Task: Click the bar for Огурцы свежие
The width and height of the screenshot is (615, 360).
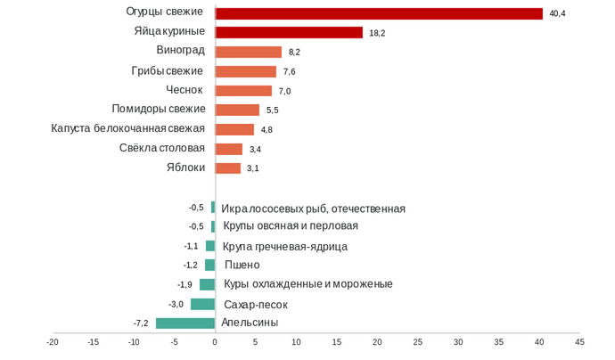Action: click(379, 13)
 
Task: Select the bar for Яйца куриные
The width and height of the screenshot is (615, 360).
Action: click(289, 32)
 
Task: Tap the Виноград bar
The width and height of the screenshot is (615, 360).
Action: click(249, 52)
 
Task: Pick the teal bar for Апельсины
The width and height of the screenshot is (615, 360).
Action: click(185, 323)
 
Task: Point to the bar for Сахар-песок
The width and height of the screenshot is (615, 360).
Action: click(202, 304)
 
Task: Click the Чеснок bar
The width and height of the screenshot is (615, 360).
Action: click(243, 91)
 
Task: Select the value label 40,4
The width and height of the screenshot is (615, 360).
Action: click(558, 13)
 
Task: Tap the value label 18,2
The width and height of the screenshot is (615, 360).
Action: click(377, 33)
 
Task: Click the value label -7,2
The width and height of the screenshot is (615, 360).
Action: click(141, 323)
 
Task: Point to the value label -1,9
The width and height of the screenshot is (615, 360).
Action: click(184, 284)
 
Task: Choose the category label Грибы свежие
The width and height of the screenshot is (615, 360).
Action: click(168, 70)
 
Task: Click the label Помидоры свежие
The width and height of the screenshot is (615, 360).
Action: click(159, 109)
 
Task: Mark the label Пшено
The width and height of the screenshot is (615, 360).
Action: click(242, 265)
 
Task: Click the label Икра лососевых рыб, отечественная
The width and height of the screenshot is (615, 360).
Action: click(313, 209)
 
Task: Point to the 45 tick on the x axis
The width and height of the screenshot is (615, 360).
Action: click(579, 341)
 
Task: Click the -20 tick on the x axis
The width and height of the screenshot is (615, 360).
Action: click(53, 341)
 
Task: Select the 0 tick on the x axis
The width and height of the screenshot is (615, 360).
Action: click(215, 341)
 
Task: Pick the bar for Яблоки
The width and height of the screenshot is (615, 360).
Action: click(228, 168)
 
